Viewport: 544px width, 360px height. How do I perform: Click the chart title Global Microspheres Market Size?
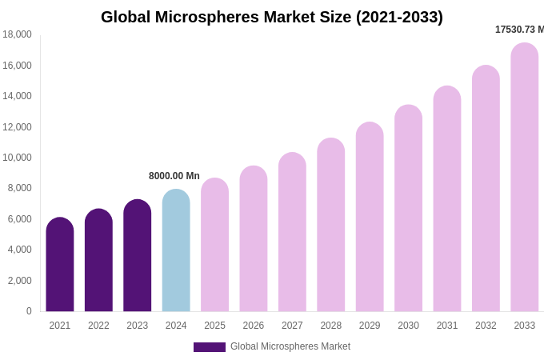click(x=271, y=17)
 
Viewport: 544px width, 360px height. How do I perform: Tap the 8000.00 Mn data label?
click(x=174, y=176)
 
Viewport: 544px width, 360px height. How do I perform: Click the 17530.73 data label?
click(x=519, y=30)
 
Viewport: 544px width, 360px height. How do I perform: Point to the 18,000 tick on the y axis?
click(x=17, y=34)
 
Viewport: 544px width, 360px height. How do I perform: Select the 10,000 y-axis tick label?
click(x=17, y=158)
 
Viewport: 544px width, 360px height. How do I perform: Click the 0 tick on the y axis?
click(x=29, y=311)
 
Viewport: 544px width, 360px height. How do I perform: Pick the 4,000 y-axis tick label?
click(x=19, y=250)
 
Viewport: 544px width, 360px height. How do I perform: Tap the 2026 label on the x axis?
click(x=254, y=326)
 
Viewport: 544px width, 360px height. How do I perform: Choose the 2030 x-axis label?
click(x=408, y=326)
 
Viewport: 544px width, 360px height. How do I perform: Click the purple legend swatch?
click(x=210, y=347)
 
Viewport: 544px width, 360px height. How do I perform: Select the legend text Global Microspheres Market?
click(x=290, y=346)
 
